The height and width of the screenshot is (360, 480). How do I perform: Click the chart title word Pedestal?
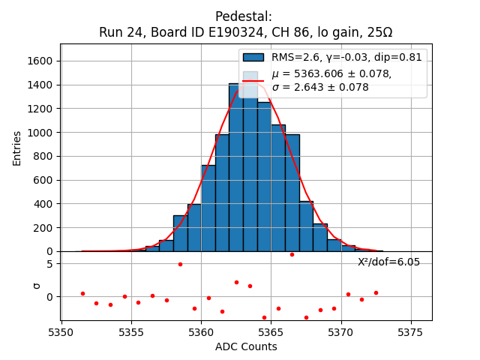coord(243,16)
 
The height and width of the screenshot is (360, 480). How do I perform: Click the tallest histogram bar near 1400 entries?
coord(235,166)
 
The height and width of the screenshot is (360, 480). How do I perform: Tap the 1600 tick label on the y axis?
coord(41,61)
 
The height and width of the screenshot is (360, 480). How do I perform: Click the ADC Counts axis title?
coord(246,346)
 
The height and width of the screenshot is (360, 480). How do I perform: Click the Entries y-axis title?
coord(17,148)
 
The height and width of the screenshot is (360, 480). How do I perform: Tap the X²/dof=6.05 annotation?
coord(388,262)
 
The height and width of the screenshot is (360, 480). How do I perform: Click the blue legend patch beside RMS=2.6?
coord(253,57)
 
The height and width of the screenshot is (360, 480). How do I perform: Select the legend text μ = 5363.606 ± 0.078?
coord(331,73)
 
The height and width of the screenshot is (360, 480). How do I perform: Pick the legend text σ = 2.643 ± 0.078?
coord(320,87)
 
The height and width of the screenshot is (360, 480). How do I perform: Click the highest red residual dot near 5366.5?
coord(292,254)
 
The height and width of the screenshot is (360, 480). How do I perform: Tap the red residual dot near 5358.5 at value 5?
coord(180,264)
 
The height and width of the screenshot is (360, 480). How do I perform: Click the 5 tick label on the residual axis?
coord(49,264)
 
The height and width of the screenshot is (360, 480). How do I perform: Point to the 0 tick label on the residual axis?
coord(49,297)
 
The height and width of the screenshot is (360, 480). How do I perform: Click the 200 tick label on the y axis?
coord(44,227)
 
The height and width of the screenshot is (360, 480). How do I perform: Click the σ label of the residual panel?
coord(34,286)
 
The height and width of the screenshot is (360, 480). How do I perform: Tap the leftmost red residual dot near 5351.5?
coord(82,293)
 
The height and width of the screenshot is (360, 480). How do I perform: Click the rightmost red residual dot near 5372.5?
coord(376,292)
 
